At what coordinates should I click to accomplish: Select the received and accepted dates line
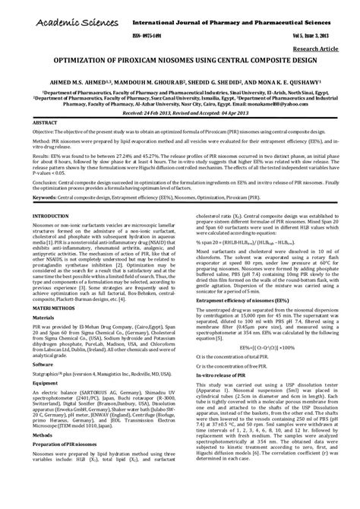tap(179, 112)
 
